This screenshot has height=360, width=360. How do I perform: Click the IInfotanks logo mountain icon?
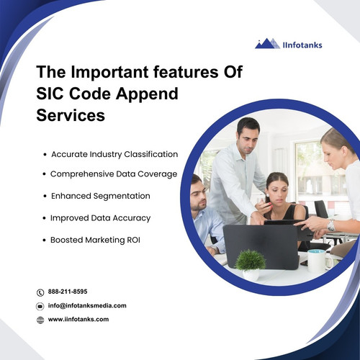[268, 43]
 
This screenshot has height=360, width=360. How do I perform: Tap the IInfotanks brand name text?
[302, 45]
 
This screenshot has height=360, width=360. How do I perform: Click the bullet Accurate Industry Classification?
[114, 154]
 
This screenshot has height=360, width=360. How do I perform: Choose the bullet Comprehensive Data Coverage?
[114, 174]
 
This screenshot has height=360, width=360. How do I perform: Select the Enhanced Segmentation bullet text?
[101, 196]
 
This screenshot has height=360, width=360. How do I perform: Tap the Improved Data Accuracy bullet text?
[100, 217]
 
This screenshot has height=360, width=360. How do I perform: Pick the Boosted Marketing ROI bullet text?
[96, 239]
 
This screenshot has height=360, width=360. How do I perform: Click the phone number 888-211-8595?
[68, 292]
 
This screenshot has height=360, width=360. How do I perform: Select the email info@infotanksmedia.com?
[86, 305]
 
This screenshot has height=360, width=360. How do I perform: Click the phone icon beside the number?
[40, 292]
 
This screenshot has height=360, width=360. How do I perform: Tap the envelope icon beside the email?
[40, 306]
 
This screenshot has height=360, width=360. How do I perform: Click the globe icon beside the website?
[40, 320]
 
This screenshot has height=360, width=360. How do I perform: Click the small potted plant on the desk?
[250, 264]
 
